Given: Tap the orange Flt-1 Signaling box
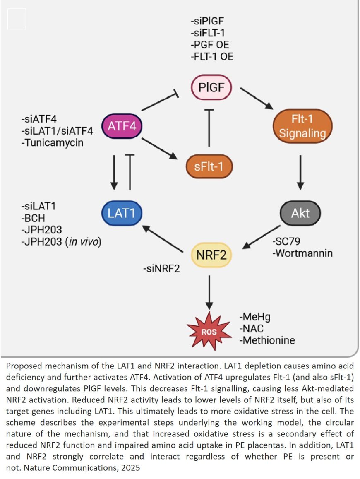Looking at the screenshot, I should pyautogui.click(x=302, y=126).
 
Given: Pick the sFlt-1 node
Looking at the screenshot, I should pyautogui.click(x=209, y=166).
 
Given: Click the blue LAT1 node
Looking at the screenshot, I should pyautogui.click(x=122, y=213).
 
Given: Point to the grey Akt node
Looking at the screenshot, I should pyautogui.click(x=300, y=213).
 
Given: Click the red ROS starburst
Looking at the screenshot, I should pyautogui.click(x=209, y=331).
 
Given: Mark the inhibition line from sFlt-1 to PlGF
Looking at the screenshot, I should pyautogui.click(x=209, y=128).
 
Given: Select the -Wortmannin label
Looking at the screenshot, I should pyautogui.click(x=302, y=253).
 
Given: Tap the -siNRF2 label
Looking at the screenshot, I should pyautogui.click(x=161, y=270).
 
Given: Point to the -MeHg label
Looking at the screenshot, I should pyautogui.click(x=255, y=318).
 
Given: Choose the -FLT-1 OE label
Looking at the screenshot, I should pyautogui.click(x=212, y=56).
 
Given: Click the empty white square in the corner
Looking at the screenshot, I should pyautogui.click(x=17, y=19).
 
